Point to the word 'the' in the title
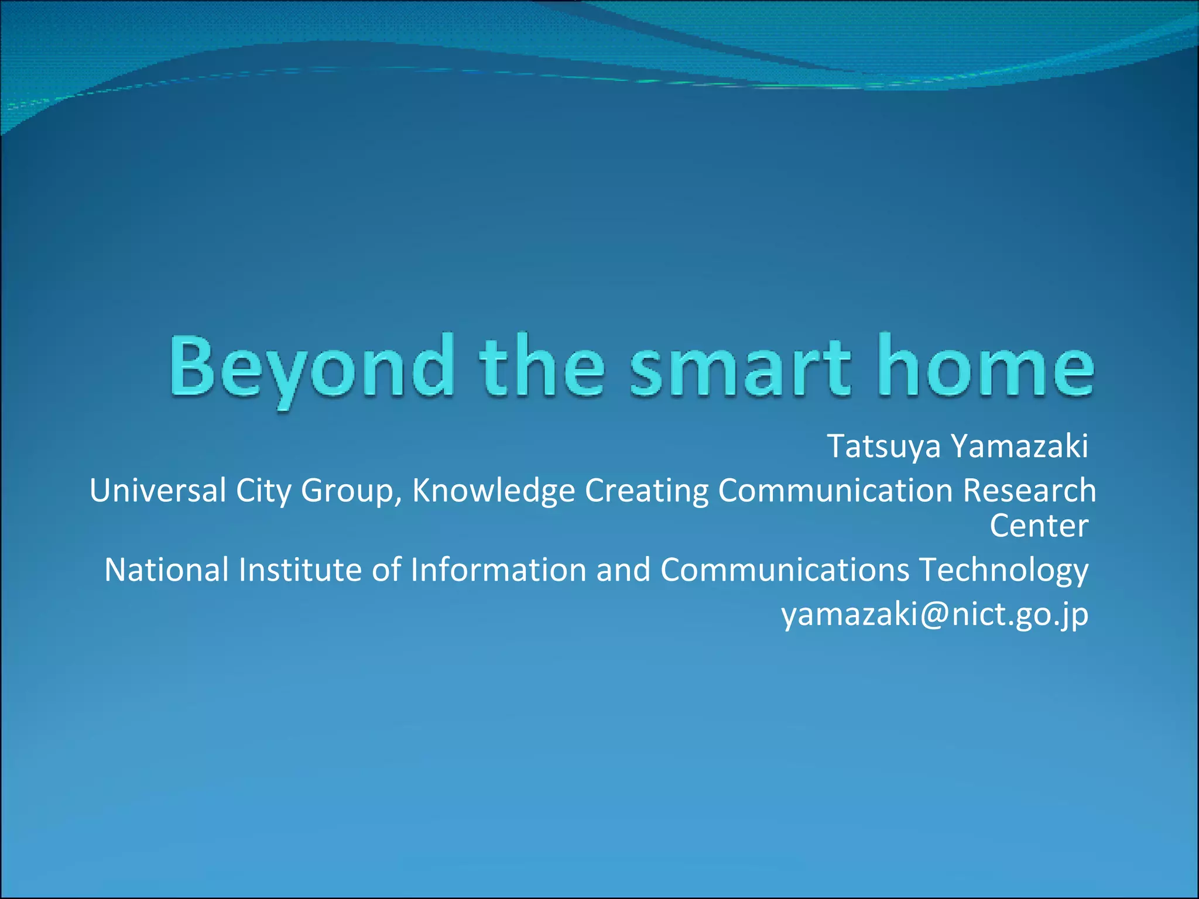coord(542,368)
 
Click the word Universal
coord(157,490)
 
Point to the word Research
coord(1029,490)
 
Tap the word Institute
coord(300,570)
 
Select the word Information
coord(498,570)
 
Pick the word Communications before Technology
coord(785,570)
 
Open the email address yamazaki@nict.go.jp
coord(934,615)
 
